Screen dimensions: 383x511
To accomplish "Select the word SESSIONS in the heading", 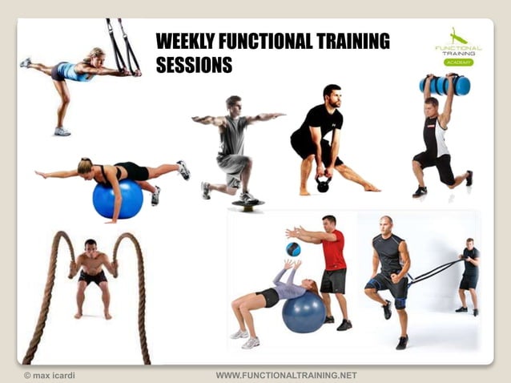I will click(194, 65).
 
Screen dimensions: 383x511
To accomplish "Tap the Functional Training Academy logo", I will click(459, 48).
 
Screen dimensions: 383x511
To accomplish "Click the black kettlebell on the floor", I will click(323, 184).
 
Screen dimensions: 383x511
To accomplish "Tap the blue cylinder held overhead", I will click(445, 85).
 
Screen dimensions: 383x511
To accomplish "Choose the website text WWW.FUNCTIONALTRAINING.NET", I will click(286, 375).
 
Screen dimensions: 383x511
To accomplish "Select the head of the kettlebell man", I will click(331, 95).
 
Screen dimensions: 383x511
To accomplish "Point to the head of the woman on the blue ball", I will click(84, 166).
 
